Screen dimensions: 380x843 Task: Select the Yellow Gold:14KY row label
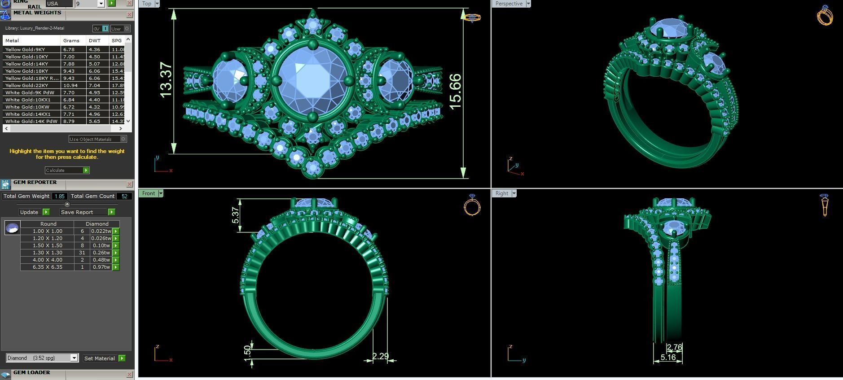click(26, 64)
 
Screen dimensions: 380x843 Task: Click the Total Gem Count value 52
click(124, 196)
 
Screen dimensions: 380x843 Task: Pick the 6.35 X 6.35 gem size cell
click(47, 267)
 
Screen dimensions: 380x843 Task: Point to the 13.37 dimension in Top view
click(165, 80)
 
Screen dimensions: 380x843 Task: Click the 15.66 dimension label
click(455, 92)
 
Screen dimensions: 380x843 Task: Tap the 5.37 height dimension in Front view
click(235, 215)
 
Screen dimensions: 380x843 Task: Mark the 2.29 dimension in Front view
click(380, 356)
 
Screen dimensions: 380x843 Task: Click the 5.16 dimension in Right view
click(668, 358)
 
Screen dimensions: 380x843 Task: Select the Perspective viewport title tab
click(509, 4)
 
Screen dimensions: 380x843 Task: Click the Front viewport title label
click(149, 193)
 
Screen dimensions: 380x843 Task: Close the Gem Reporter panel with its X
click(129, 184)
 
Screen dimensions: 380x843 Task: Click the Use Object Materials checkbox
click(123, 139)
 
